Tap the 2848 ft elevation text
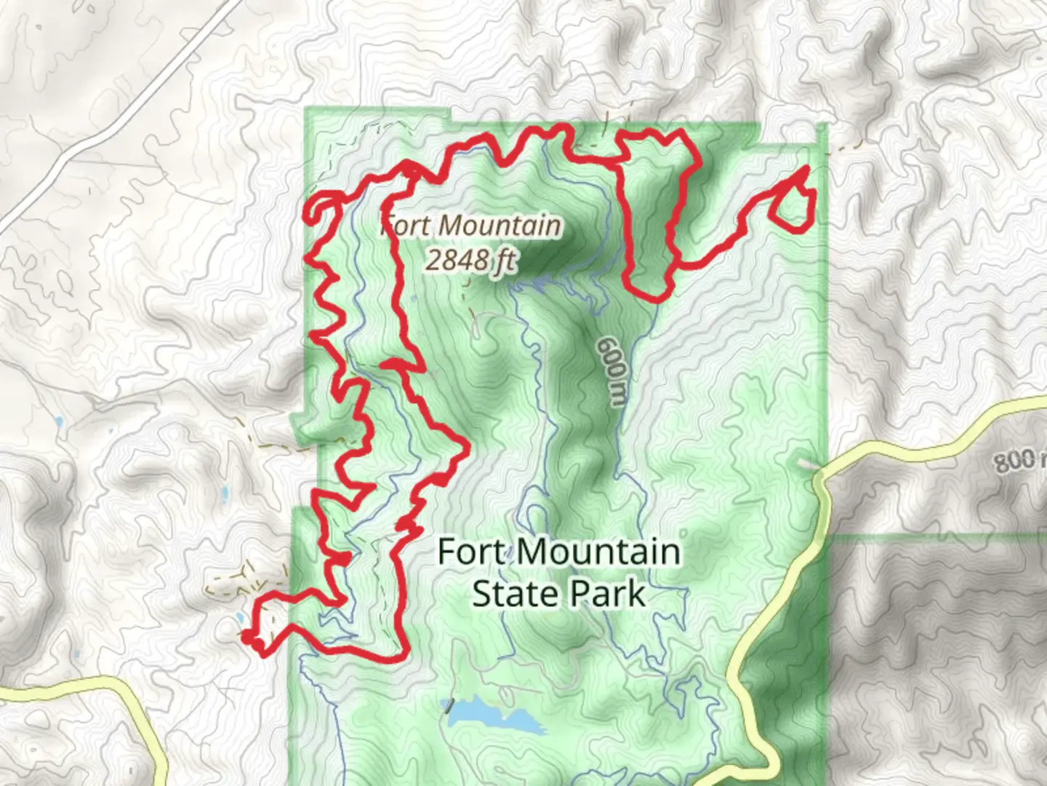pos(471,260)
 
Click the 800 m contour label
pos(1016,460)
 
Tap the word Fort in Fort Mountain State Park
pos(470,552)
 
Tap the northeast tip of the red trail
pos(806,170)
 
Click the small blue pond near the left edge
pos(57,421)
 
